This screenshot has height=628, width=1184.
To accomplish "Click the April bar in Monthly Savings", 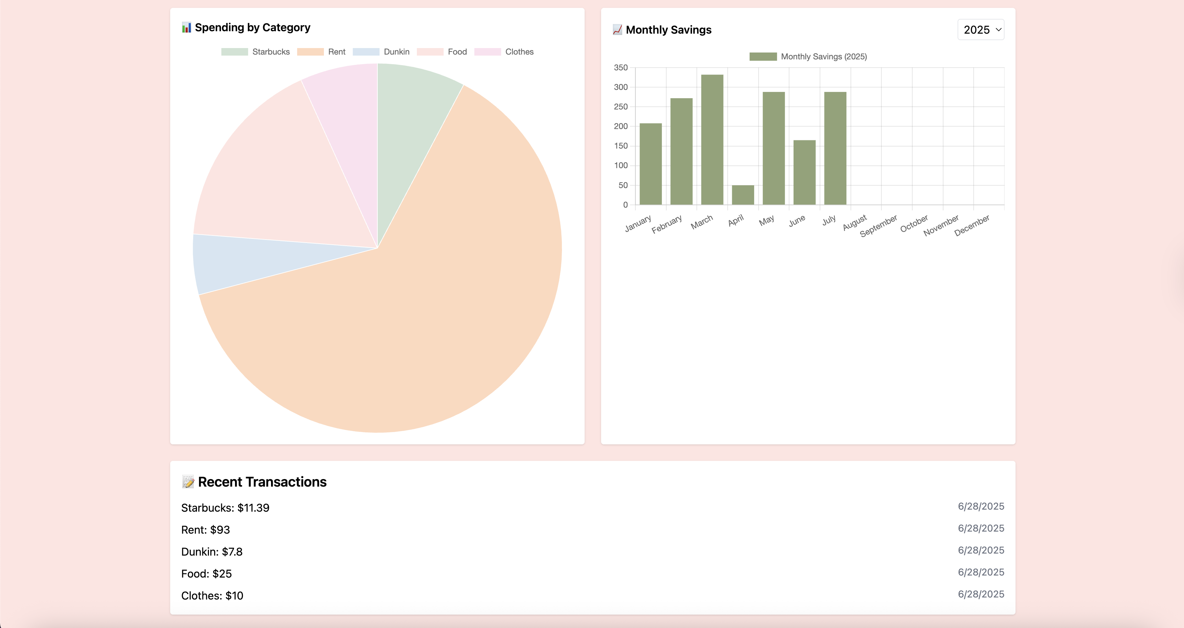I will coord(743,195).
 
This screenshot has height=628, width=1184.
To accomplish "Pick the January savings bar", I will coord(650,164).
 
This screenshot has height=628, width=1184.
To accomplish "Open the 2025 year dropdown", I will coord(981,30).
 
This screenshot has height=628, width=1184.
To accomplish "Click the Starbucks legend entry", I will coord(256,52).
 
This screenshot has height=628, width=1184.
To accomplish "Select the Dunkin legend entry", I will coord(381,52).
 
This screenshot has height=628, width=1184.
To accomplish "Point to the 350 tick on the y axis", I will coord(621,68).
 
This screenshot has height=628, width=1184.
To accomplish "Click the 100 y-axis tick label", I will coord(621,165).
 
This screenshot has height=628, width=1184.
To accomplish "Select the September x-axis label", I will coord(878,226).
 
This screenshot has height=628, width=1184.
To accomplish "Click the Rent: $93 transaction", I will coord(206,530).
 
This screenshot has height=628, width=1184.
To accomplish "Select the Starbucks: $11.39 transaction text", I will coord(225,508).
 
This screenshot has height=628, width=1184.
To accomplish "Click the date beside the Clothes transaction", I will coord(981,594).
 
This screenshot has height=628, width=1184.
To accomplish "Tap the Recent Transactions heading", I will coord(262,482).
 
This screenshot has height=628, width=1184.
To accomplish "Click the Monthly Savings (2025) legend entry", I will coord(808,57).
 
